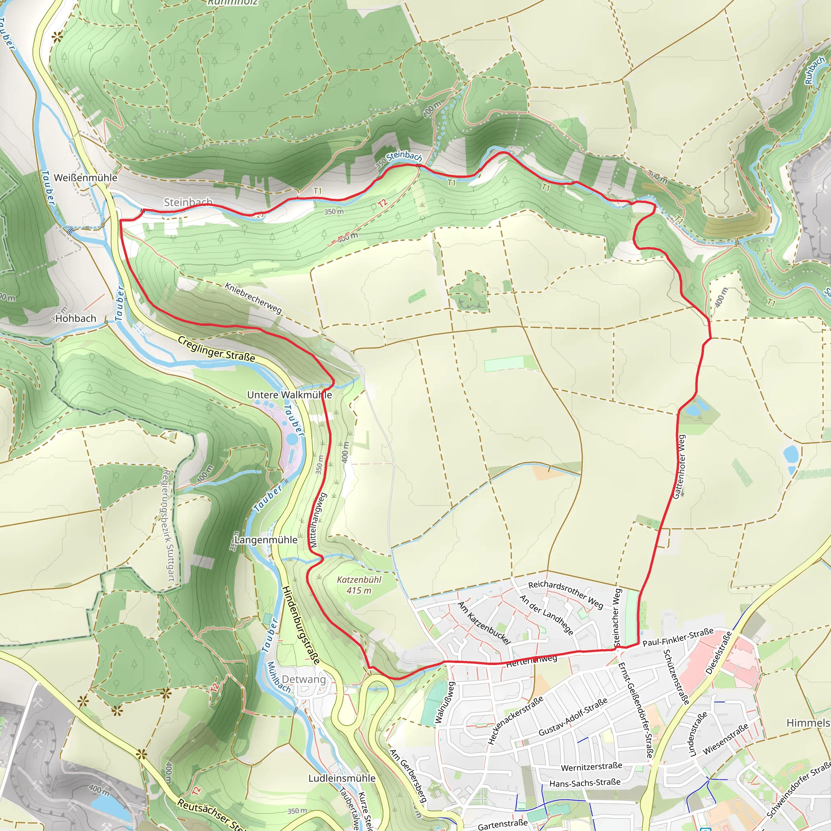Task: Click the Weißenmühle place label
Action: click(x=85, y=178)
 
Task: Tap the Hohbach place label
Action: click(x=76, y=318)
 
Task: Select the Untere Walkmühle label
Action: click(x=289, y=394)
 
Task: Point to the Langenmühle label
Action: click(x=266, y=540)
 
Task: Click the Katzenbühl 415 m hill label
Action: click(x=359, y=585)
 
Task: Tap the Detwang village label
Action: click(x=304, y=679)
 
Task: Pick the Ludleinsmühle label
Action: click(x=342, y=778)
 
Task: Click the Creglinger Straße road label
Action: click(x=216, y=349)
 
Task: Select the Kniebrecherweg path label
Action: click(x=253, y=298)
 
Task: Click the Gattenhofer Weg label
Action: click(x=680, y=467)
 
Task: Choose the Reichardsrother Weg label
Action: click(x=566, y=595)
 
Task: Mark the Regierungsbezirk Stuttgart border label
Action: click(x=168, y=525)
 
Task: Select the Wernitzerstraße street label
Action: click(x=592, y=767)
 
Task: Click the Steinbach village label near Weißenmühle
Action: click(x=188, y=202)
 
